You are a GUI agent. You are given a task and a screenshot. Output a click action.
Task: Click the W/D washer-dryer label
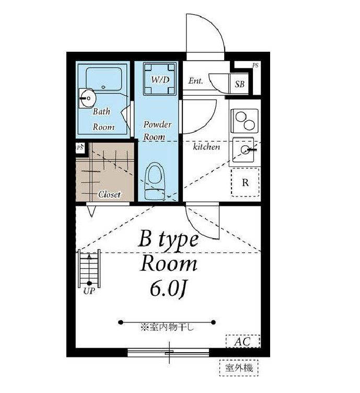160,80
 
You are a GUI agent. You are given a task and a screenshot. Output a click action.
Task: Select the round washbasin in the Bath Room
88,98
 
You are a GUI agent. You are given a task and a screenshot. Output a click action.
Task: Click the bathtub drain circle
103,87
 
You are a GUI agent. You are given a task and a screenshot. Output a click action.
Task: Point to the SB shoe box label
240,84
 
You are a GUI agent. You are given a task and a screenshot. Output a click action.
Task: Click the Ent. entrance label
195,80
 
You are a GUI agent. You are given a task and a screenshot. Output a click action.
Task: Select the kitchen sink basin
243,150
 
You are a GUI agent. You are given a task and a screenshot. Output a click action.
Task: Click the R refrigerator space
245,182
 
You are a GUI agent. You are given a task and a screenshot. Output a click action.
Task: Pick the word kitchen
206,147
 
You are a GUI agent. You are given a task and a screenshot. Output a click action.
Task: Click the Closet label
110,194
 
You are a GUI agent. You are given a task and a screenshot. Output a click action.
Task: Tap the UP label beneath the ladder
89,291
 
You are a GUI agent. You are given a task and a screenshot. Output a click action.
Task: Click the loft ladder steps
89,268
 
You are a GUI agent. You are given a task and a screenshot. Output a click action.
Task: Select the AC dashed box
243,341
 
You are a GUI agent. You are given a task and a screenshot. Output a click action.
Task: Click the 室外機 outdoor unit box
239,368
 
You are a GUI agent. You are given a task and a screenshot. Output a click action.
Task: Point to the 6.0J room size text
168,289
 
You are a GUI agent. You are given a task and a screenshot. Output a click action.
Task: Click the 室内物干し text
167,327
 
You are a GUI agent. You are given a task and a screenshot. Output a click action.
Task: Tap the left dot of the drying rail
121,322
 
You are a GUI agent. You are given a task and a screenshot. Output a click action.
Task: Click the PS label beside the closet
79,147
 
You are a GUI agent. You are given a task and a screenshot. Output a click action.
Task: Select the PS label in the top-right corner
255,66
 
